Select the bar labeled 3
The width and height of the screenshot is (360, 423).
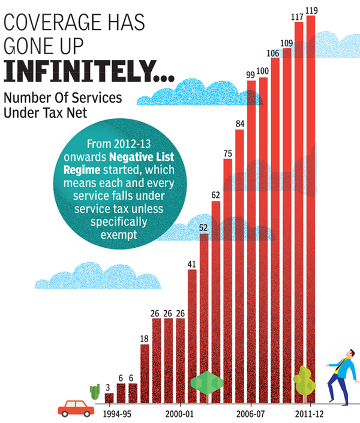[109, 398]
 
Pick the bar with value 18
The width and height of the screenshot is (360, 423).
[145, 373]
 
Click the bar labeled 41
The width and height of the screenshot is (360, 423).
[192, 336]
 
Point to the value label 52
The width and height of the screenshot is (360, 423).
[204, 228]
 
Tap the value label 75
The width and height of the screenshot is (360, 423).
[227, 154]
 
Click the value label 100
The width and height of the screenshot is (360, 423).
[262, 71]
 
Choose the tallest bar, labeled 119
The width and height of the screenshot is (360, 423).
[310, 210]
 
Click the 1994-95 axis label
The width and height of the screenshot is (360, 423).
[117, 414]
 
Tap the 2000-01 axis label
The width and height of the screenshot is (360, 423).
[180, 414]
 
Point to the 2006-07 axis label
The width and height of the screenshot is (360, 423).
[251, 414]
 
